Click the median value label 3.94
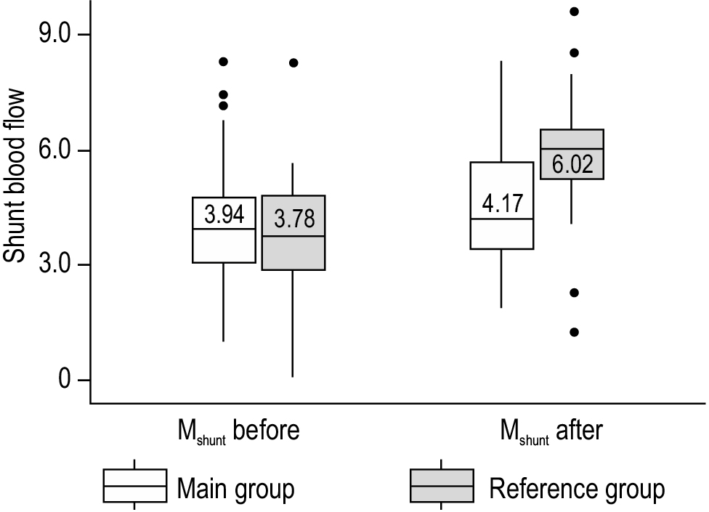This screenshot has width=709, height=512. point(224,215)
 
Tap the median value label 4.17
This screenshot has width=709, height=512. point(502,203)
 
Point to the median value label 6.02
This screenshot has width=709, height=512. point(572,164)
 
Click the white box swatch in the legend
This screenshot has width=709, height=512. point(134,485)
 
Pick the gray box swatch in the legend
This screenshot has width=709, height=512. point(442,485)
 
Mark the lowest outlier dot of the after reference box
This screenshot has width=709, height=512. point(574,332)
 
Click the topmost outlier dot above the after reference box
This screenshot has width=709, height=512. point(574,12)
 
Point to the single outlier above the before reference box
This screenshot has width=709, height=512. point(293,62)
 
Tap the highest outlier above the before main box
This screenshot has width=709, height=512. point(224,62)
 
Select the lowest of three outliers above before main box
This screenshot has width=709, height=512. point(224,106)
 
